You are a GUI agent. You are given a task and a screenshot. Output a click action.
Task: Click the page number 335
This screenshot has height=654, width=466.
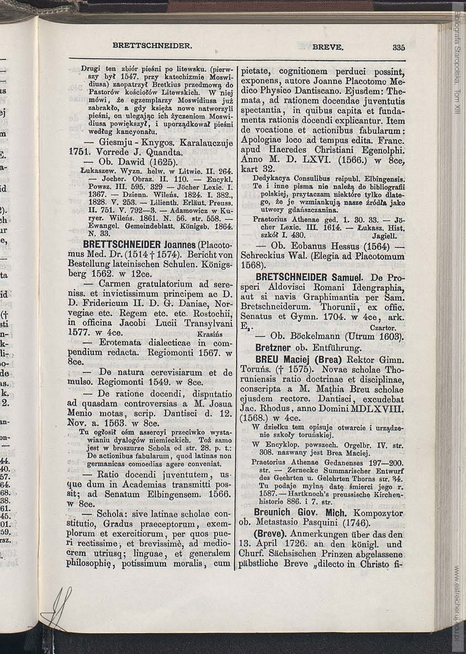(399, 47)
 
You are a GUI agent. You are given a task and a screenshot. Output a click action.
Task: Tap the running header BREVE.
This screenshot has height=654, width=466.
(328, 47)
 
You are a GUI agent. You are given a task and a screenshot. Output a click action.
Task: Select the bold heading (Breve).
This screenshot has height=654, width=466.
(269, 534)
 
